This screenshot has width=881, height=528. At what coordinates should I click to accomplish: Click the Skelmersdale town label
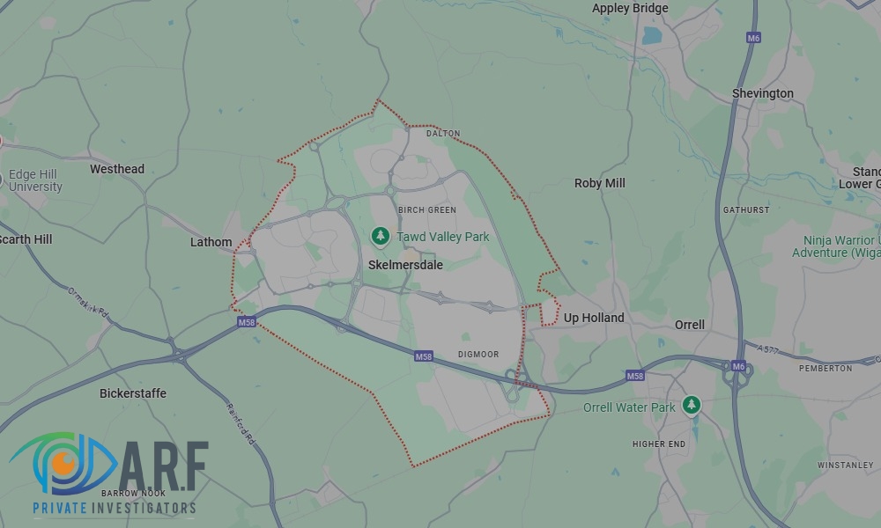(x=404, y=264)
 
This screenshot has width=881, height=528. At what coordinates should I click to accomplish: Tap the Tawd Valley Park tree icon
(x=380, y=236)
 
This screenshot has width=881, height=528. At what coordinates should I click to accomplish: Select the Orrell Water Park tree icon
(x=692, y=404)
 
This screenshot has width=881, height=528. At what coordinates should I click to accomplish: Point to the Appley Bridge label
(x=630, y=8)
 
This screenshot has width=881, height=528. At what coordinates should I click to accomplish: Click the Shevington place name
(x=762, y=93)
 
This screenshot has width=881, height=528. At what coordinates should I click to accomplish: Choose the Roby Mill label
(x=599, y=183)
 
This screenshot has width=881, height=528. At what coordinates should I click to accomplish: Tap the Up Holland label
(x=594, y=318)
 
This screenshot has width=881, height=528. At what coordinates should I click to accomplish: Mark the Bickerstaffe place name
(x=132, y=392)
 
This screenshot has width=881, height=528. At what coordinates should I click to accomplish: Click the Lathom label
(x=211, y=242)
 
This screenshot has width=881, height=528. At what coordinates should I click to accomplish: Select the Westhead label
(x=117, y=169)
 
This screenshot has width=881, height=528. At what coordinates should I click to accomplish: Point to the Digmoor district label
(x=478, y=355)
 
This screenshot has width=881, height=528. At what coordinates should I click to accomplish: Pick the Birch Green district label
(x=427, y=210)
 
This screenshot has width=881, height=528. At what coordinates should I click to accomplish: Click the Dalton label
(x=443, y=134)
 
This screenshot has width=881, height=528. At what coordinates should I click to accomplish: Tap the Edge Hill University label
(x=35, y=180)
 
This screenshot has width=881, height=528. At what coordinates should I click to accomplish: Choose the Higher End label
(x=659, y=444)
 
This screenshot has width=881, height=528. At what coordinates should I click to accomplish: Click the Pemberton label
(x=826, y=368)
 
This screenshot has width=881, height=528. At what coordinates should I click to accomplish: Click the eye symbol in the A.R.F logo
(x=60, y=462)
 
